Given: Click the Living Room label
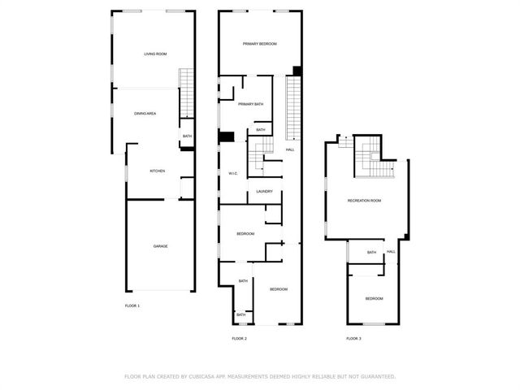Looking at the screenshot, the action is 155,54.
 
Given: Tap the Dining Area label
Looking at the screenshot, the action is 145,114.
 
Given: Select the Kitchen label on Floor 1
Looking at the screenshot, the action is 157,171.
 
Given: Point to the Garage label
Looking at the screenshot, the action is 160,246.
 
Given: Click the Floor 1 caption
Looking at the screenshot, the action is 132,305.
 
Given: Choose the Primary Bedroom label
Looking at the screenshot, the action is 260,44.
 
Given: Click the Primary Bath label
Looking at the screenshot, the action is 251,104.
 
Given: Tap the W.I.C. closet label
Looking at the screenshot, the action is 233,174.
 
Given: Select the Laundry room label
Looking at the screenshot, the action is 265,192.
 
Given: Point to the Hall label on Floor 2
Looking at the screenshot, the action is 290,149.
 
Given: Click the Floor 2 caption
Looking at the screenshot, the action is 239,339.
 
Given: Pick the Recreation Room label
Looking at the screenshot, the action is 364,201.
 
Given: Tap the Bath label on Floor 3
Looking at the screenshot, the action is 371,253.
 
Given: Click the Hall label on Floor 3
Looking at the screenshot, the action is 391,252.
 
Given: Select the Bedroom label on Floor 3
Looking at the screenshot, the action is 374,299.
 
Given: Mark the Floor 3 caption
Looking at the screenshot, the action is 353,339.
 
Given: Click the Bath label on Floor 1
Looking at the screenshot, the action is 187,136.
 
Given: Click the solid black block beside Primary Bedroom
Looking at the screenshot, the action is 297,71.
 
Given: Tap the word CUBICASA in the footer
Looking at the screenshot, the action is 201,377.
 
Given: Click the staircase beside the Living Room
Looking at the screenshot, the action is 186,93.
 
